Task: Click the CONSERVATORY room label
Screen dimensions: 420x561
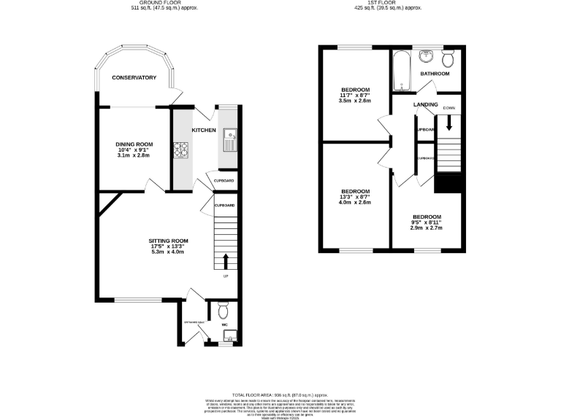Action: (x=134, y=77)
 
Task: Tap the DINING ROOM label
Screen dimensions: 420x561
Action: (x=133, y=144)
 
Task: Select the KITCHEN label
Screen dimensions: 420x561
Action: (x=204, y=131)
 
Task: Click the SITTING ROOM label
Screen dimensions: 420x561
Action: (x=169, y=241)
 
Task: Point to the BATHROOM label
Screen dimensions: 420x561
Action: (x=435, y=74)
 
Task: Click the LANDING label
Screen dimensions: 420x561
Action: (x=426, y=104)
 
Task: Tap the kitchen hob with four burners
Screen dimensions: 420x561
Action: (x=180, y=151)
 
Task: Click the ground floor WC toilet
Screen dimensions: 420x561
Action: (x=223, y=307)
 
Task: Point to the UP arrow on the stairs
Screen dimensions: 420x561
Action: (x=226, y=260)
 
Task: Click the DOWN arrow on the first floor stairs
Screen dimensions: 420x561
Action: (x=449, y=123)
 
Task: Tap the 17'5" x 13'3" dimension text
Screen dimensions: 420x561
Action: (x=169, y=246)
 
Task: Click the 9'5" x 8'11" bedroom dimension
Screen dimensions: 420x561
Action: (x=426, y=222)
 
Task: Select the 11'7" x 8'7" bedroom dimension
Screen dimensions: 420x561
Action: (x=356, y=96)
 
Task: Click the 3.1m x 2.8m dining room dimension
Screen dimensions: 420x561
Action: (x=133, y=155)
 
